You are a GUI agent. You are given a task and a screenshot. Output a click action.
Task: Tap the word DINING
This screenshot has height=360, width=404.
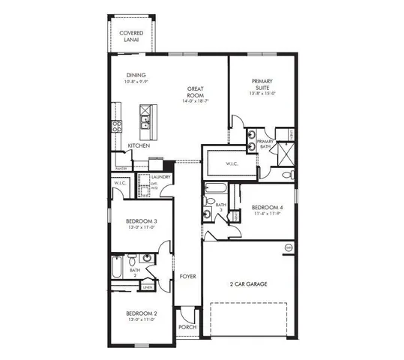pos(136,75)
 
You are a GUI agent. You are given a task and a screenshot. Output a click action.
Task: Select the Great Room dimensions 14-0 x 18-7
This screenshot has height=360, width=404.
pos(196,100)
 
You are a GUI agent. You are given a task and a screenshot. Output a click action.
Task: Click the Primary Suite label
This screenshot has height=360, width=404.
pos(262,84)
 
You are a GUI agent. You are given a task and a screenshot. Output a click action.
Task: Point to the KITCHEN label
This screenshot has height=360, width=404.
pos(138,145)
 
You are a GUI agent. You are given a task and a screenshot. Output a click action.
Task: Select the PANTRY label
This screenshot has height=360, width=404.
pos(120,169)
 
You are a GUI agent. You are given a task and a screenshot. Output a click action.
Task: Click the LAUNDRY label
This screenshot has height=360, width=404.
pos(161,177)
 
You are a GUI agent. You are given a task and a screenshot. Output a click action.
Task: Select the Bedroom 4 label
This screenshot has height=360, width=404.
pos(267,208)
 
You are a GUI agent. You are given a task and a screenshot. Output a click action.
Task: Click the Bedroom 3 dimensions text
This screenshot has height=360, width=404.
pos(141,227)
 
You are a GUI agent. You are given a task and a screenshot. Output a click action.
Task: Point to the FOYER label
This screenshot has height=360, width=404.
pos(187,277)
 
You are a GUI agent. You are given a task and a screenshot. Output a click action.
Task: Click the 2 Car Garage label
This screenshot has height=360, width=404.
pos(249,284)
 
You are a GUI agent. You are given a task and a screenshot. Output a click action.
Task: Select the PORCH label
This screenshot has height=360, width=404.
pos(187,328)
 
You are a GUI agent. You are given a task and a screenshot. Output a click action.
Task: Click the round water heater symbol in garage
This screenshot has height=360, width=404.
pos(287,247)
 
